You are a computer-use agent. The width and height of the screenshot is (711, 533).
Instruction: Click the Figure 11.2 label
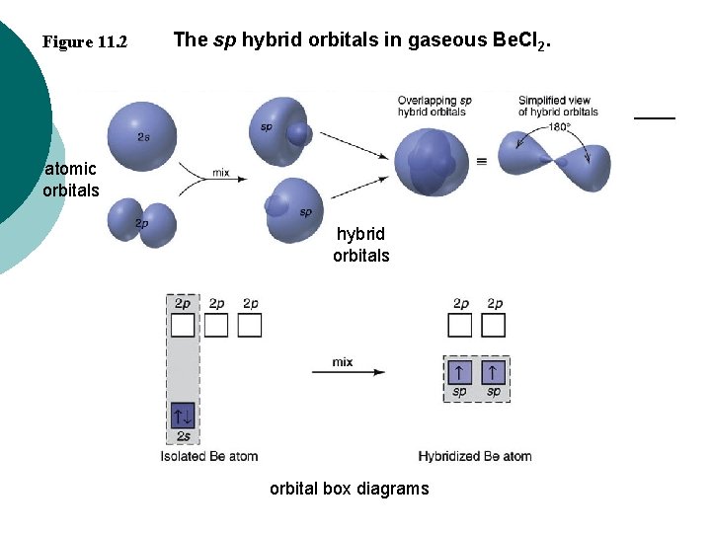click(x=85, y=42)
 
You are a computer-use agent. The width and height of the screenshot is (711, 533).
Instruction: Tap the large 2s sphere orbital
click(x=143, y=135)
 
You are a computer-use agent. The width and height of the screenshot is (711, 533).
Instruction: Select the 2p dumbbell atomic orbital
click(x=143, y=222)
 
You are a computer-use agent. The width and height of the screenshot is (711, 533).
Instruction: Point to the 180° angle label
click(x=559, y=126)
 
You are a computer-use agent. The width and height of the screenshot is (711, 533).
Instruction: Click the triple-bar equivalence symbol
click(x=482, y=160)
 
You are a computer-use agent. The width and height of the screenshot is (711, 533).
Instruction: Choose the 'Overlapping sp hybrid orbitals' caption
click(x=434, y=106)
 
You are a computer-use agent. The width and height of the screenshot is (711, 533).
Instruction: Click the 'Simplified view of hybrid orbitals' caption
click(x=558, y=106)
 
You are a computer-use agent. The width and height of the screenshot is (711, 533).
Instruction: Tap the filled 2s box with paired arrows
click(x=183, y=415)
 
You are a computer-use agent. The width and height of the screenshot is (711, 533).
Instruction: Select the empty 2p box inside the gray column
click(x=183, y=325)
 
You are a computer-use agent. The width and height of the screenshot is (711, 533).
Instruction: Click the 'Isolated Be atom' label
click(x=209, y=456)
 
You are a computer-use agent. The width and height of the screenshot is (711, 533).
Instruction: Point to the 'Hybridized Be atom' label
click(x=475, y=456)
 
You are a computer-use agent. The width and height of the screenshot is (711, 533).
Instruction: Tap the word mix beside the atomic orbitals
click(x=221, y=173)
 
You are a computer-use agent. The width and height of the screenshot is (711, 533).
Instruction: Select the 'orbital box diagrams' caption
click(x=350, y=489)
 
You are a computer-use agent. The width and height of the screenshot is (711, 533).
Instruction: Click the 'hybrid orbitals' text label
click(x=361, y=245)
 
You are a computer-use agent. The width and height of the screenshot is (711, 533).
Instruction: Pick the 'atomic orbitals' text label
click(x=71, y=180)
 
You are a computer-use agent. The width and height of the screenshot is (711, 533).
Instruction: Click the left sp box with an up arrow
click(x=459, y=372)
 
